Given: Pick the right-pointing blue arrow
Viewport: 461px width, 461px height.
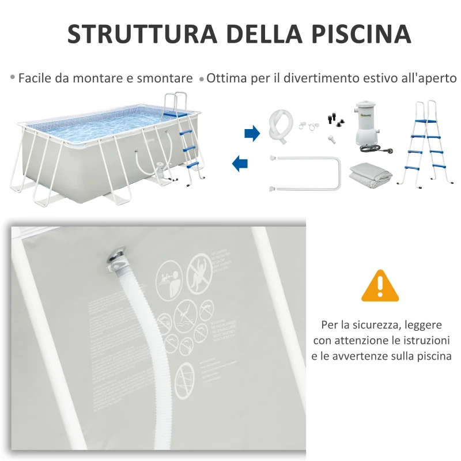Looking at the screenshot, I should coord(252,134).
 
